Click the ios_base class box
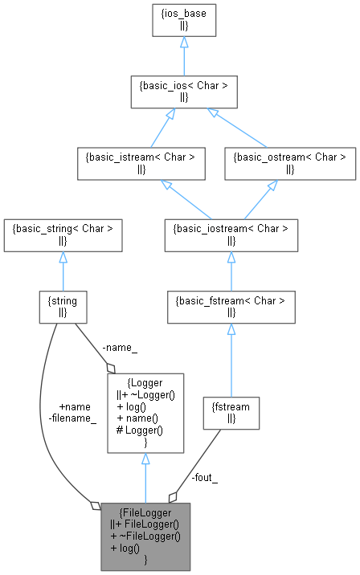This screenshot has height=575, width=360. pos(183,20)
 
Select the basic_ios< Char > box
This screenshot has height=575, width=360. pos(183,91)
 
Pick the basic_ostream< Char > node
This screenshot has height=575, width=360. pos(288,161)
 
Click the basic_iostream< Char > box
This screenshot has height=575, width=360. pos(231,233)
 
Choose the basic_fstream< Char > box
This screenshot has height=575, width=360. pos(231,304)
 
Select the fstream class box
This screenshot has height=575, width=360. pos(231,413)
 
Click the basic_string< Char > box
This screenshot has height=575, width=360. pos(63,233)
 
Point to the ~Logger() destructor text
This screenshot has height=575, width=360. pos(147,395)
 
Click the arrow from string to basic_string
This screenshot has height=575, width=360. pos(63,268)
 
